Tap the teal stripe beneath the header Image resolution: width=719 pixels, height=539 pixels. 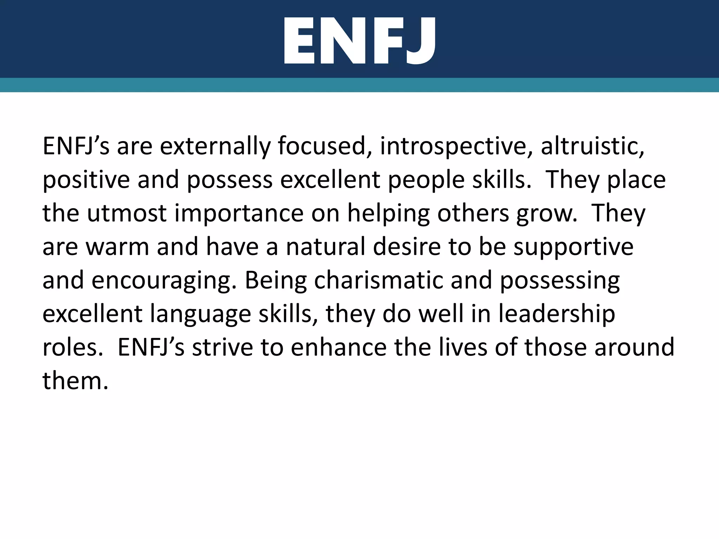click(x=359, y=85)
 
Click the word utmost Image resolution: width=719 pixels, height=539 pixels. click(x=127, y=213)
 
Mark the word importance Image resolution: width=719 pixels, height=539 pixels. click(x=239, y=213)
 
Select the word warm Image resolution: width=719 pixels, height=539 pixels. click(x=118, y=247)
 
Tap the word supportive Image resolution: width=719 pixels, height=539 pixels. click(x=574, y=247)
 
